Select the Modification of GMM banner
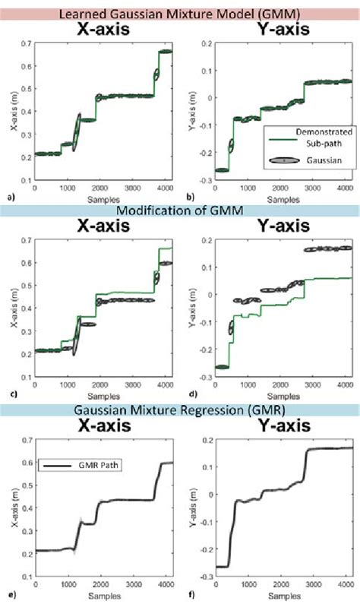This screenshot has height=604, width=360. [x=180, y=210]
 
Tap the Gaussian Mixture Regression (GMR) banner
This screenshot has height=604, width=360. [x=180, y=411]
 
